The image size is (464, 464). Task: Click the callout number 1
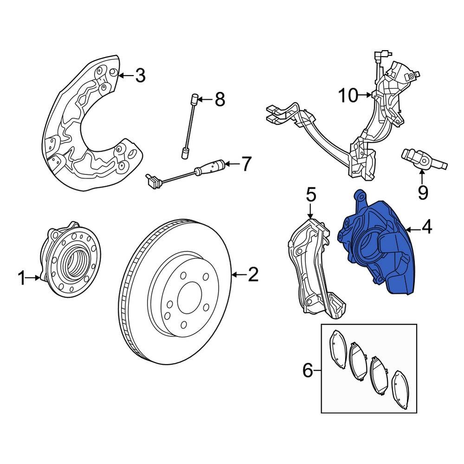pos(21,278)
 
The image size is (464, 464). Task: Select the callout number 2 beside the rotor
pos(252,275)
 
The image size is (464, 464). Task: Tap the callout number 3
pos(140,75)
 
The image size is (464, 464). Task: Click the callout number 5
pos(310,194)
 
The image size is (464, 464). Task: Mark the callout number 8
pos(219,99)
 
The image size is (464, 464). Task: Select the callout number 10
pos(348,96)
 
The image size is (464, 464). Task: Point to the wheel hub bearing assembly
pos(72,260)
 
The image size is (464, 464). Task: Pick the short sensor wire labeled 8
pos(190,125)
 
